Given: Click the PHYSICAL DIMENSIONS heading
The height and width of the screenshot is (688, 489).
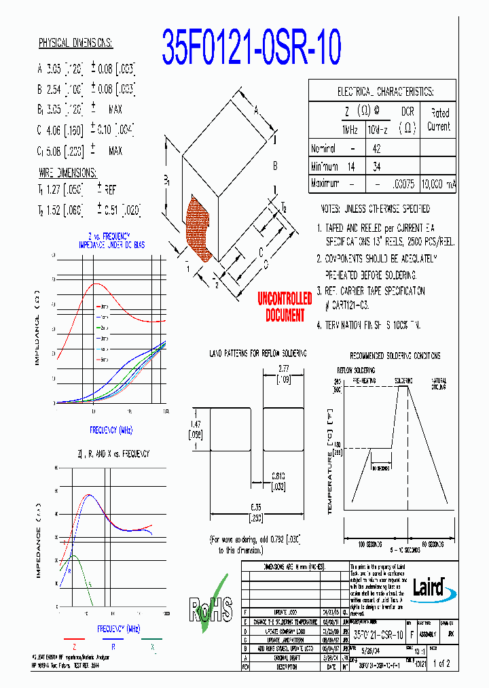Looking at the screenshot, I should point(75,44).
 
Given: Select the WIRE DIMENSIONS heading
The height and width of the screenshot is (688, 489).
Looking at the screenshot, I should point(67,173).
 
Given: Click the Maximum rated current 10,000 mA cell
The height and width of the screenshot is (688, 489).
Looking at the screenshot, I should point(438,184).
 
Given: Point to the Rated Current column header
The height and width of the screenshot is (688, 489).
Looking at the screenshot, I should point(438,120).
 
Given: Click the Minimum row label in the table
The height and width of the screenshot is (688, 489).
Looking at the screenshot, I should point(324,167).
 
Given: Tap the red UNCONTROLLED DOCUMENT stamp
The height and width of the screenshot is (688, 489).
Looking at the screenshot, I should point(285,308).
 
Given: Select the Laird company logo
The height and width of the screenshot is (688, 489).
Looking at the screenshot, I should point(432,587).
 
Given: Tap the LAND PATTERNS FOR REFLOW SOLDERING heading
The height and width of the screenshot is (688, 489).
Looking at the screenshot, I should point(257,354).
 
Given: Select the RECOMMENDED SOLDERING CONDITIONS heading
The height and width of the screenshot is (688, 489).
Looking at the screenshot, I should point(395,356).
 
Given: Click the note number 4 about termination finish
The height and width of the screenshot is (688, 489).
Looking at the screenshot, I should point(320,326).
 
